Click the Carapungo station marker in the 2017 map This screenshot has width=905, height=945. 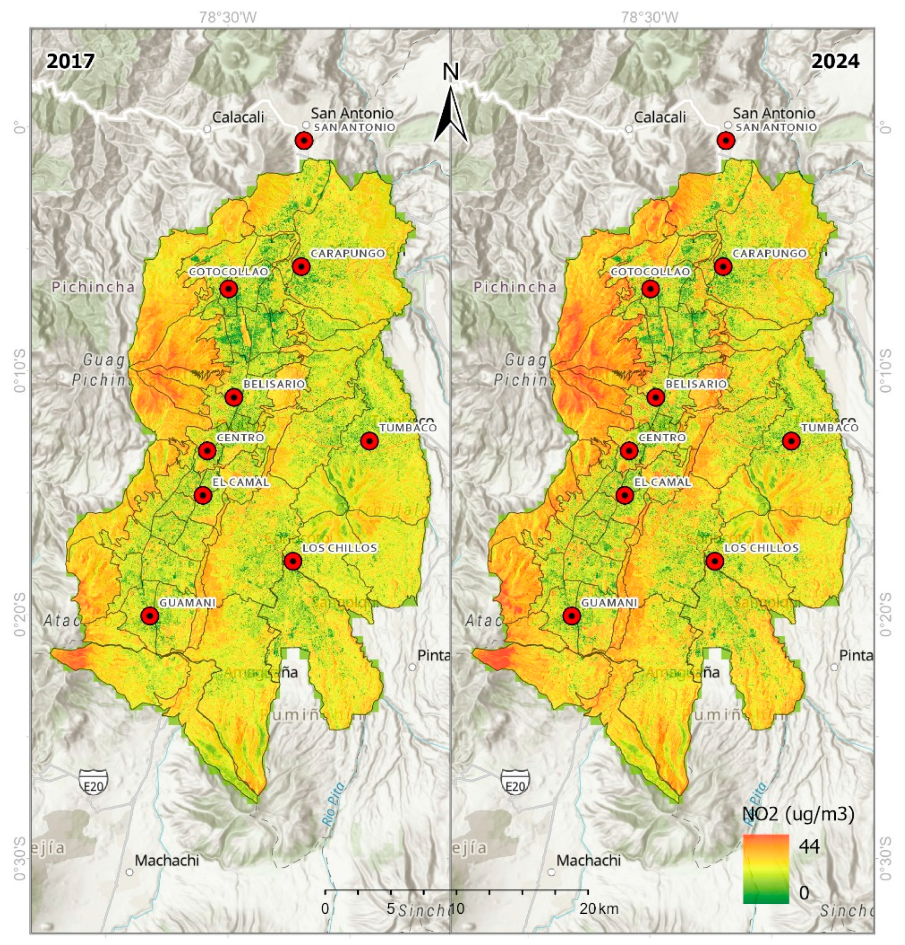301,266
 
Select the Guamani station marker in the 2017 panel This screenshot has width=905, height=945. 150,616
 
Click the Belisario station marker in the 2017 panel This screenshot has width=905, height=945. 234,397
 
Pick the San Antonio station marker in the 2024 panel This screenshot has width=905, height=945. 726,141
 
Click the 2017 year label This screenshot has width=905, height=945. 70,62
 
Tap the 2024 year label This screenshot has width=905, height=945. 835,62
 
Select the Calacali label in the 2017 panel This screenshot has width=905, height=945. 238,116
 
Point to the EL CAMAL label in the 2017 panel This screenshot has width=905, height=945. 240,482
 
